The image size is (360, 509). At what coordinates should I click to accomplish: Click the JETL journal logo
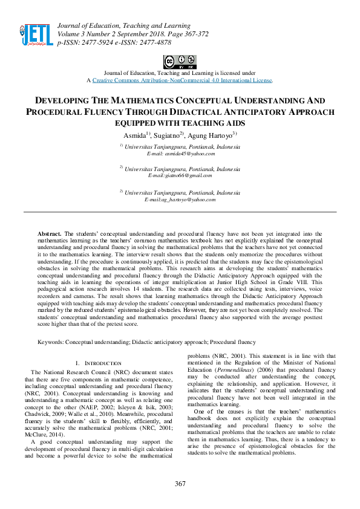pos(36,35)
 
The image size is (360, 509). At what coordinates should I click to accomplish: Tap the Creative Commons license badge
pos(180,61)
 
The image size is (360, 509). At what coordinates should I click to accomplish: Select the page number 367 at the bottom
pos(180,484)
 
